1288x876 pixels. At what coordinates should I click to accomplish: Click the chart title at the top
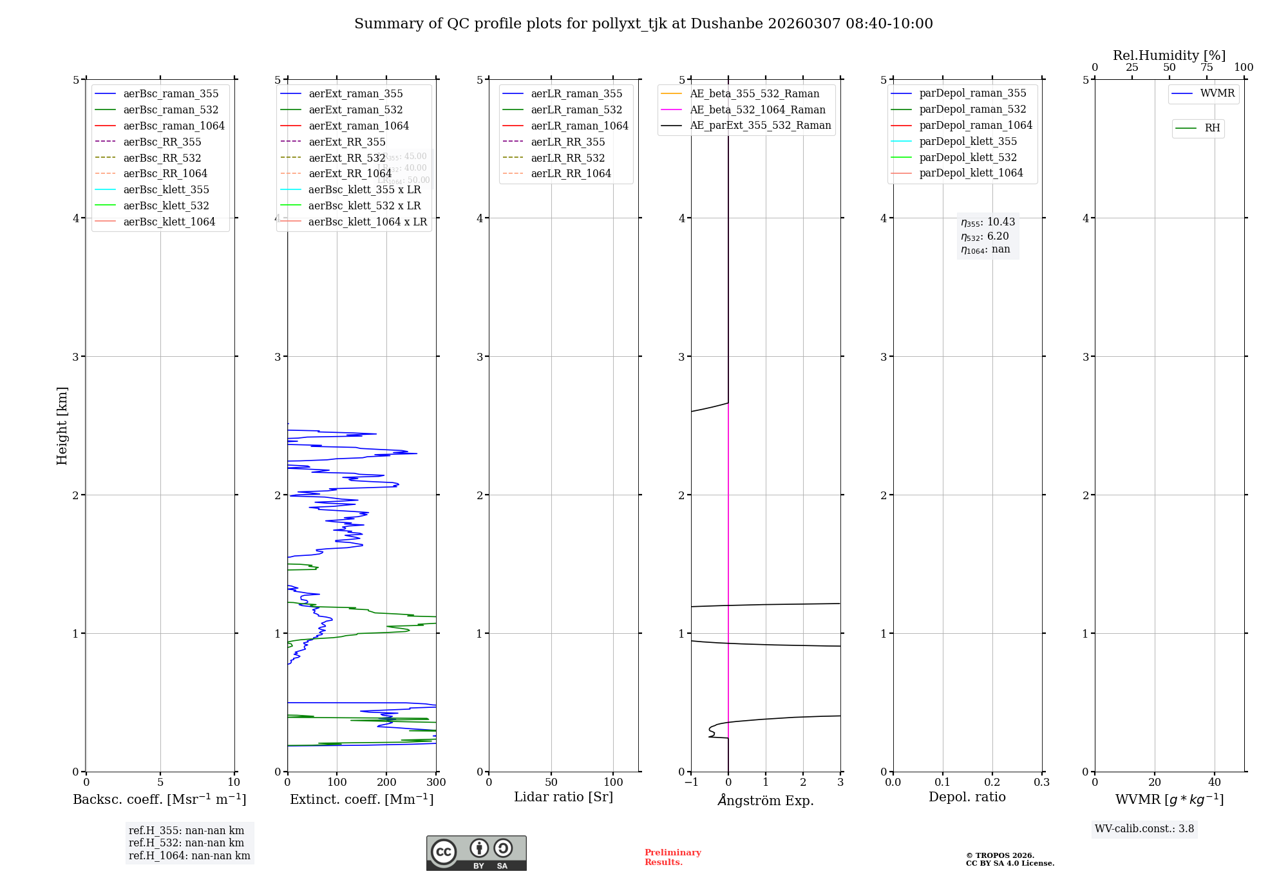[643, 24]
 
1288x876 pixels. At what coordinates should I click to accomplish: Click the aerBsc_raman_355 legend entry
[171, 94]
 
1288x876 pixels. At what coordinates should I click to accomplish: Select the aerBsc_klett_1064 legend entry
[169, 222]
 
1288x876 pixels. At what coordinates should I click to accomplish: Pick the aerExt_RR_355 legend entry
[346, 142]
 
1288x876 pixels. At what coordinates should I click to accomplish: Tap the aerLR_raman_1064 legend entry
[579, 126]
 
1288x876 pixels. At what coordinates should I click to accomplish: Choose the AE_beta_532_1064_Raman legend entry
[757, 110]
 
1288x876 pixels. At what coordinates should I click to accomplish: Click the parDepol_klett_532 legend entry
[967, 158]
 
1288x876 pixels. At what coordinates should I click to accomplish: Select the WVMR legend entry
[1217, 94]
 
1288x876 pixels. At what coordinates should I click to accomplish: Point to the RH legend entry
[1212, 128]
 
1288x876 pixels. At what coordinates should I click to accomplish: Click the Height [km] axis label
[62, 426]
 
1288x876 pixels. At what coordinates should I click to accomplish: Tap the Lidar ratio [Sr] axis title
[563, 797]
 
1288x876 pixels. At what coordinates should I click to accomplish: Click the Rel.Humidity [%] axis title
[1169, 55]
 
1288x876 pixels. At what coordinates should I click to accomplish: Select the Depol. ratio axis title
[967, 797]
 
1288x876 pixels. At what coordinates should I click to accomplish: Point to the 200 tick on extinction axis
[386, 783]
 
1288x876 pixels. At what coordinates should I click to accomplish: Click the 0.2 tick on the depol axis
[992, 783]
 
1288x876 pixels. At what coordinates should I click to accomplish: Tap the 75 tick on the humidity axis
[1206, 68]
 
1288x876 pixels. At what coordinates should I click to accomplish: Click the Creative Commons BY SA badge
[476, 853]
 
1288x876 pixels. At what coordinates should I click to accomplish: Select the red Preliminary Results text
[672, 857]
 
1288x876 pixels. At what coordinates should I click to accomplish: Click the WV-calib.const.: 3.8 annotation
[1144, 829]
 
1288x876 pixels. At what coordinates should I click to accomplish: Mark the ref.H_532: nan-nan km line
[186, 843]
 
